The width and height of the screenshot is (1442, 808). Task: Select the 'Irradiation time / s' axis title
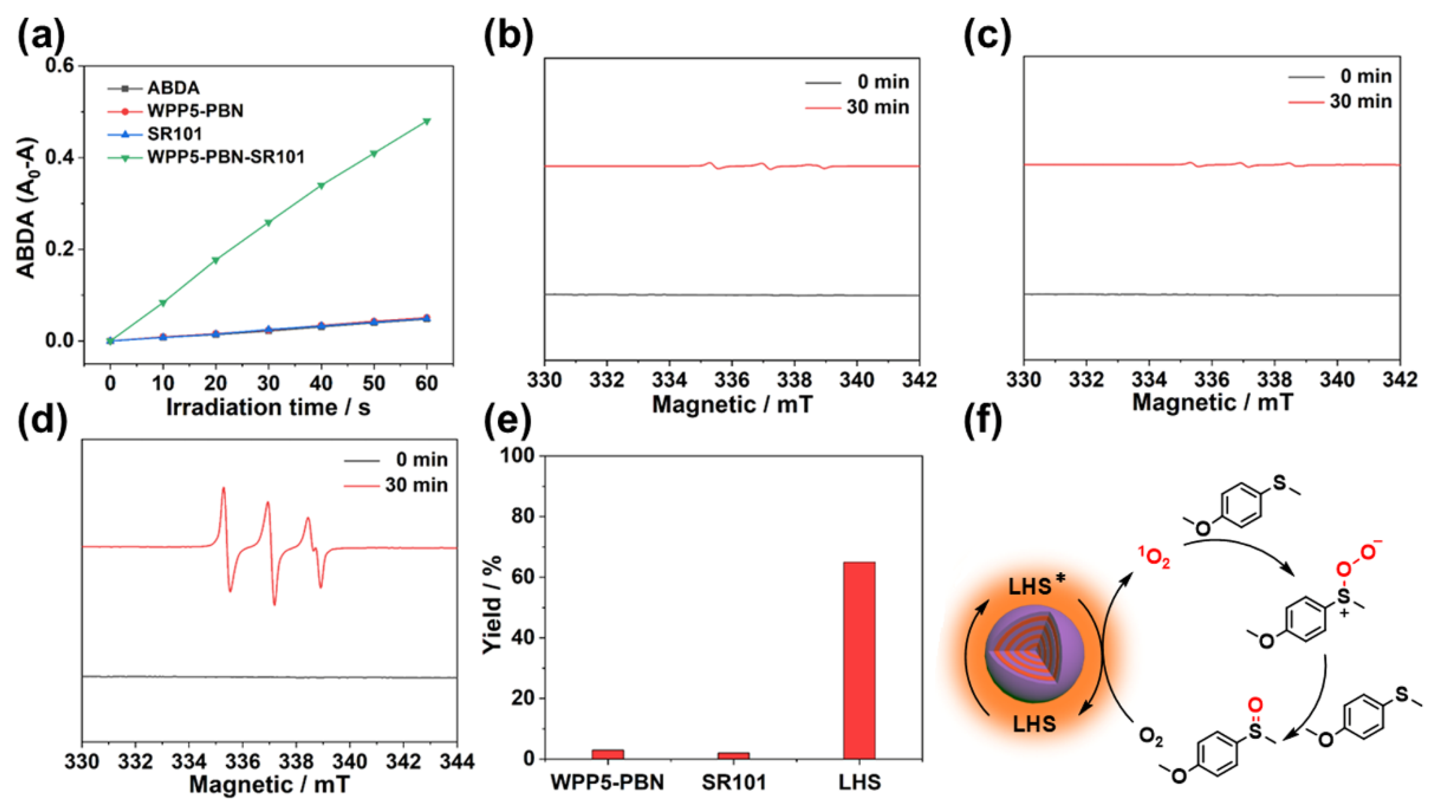coord(269,407)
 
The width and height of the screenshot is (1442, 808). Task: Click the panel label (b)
coord(508,38)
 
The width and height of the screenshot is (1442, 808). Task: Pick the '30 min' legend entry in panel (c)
coord(1360,101)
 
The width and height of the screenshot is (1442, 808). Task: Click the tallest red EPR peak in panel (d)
coord(224,489)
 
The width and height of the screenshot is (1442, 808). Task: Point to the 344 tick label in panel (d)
coord(457,762)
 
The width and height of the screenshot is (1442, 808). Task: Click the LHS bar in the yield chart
coord(859,660)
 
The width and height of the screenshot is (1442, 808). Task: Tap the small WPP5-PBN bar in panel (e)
coord(608,754)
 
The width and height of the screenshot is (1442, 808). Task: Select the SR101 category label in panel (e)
coord(734,782)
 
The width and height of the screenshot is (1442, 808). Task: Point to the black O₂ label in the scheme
coord(1151,737)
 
